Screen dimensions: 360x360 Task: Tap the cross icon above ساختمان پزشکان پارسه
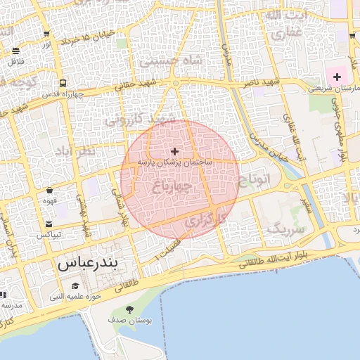174,151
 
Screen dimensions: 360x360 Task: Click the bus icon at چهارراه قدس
63,83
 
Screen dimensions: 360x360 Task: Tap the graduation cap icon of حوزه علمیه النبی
75,285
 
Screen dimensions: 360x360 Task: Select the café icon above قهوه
49,190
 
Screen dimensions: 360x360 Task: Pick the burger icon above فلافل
15,51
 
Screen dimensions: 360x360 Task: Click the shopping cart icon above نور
46,34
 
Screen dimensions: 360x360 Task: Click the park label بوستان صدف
129,320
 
